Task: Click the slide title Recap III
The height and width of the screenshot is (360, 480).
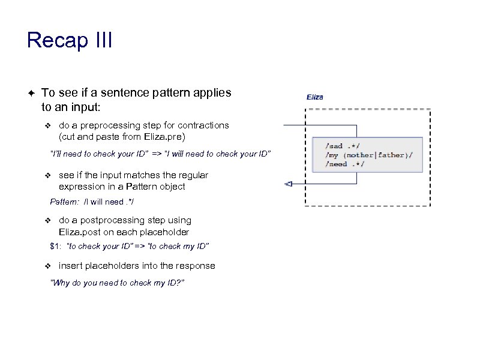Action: [x=70, y=41]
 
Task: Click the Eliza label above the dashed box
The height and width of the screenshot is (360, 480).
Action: [x=315, y=97]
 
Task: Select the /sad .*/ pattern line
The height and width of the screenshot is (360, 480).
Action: [x=343, y=146]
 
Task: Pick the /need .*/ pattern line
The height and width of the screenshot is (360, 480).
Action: [x=345, y=164]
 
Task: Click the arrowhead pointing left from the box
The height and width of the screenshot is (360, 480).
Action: [x=288, y=184]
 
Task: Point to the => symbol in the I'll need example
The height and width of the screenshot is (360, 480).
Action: [x=157, y=154]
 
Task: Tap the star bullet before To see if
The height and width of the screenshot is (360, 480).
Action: [x=30, y=93]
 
